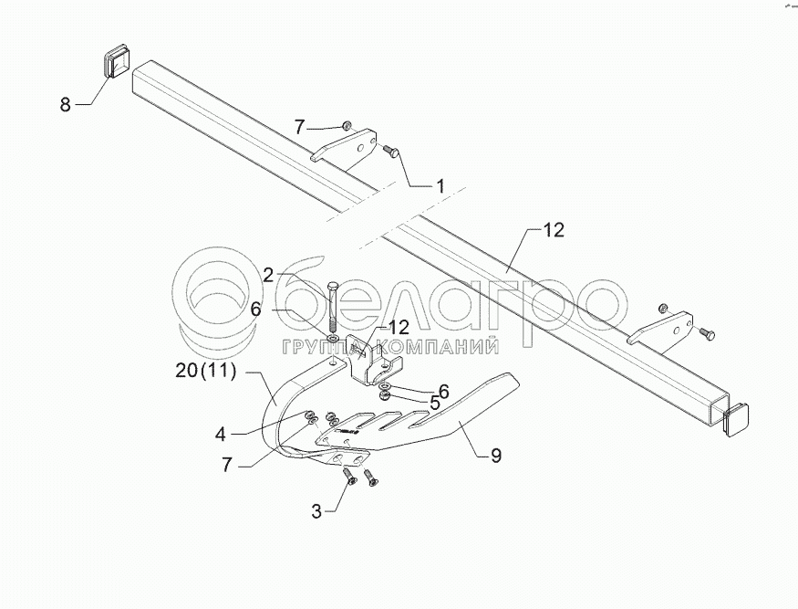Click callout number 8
click(65, 105)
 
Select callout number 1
click(440, 185)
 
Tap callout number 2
click(269, 274)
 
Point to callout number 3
click(316, 511)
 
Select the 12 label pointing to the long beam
click(554, 232)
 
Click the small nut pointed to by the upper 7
click(347, 126)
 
